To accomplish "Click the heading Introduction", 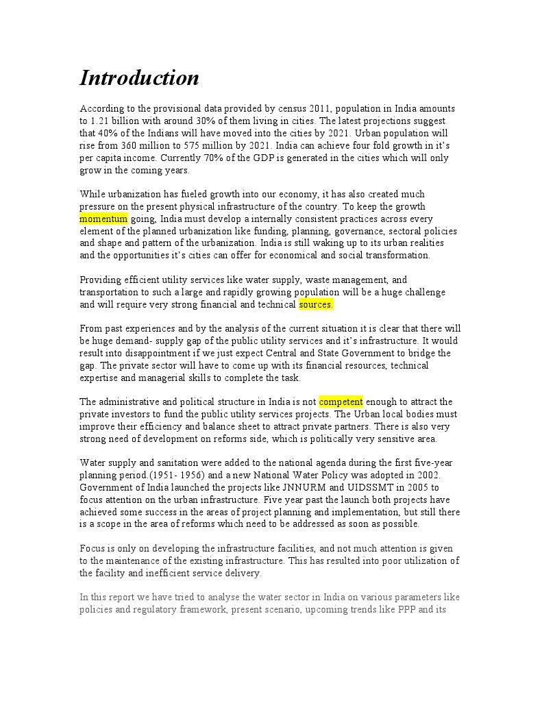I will (139, 78).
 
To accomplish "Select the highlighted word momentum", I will (103, 219).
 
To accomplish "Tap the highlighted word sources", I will (316, 304).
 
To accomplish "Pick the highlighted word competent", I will (341, 402).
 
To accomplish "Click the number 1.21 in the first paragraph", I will (101, 121).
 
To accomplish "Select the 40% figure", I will (111, 133).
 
